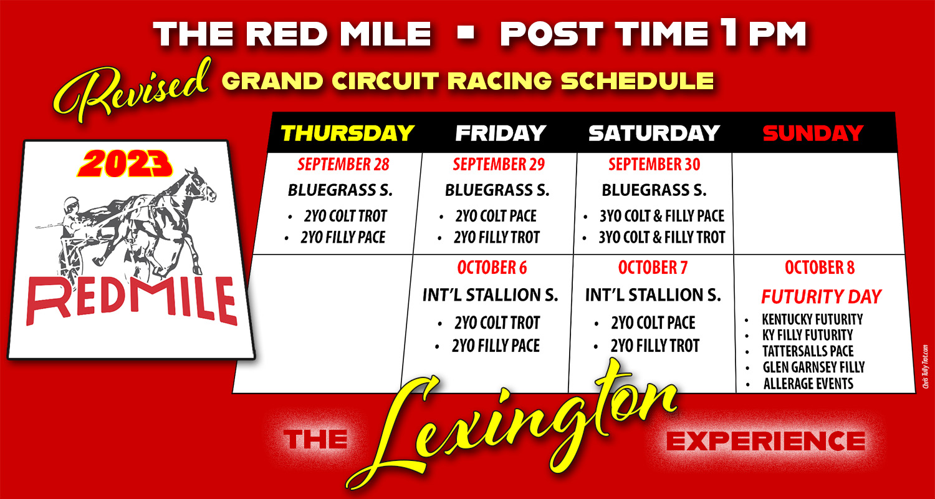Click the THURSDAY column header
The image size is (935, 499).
tap(347, 133)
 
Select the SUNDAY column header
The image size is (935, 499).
tap(812, 133)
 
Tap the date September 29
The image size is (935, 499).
tap(498, 165)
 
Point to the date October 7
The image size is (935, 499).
tap(652, 268)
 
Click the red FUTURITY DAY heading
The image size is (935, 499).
tap(822, 296)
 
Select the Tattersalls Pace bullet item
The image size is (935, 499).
tap(808, 351)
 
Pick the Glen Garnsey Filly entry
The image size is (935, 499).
tap(813, 367)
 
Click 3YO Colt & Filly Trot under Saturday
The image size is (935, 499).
tap(662, 237)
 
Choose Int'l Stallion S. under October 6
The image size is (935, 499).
tap(490, 294)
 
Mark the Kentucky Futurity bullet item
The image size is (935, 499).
tap(812, 319)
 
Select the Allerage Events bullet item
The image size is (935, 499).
tap(808, 384)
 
